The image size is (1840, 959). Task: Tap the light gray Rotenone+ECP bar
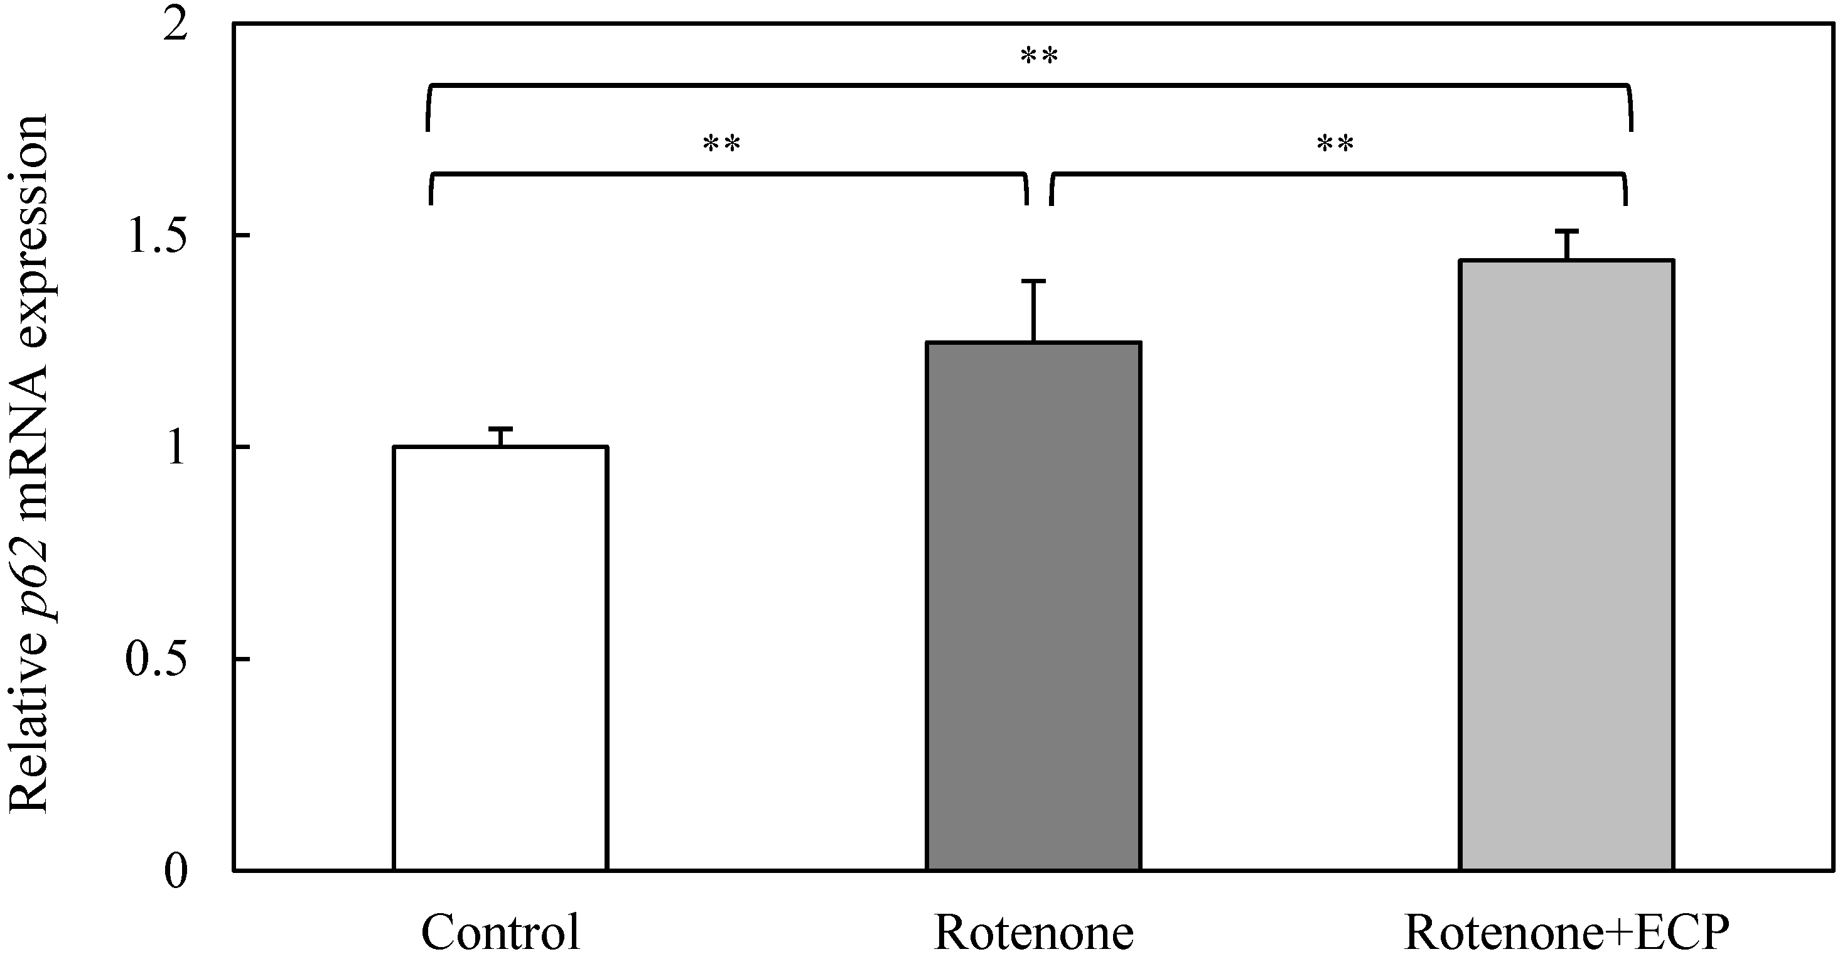(x=1566, y=565)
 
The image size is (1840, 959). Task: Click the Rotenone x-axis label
(x=1033, y=932)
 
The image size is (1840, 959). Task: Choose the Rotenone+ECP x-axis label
(x=1566, y=932)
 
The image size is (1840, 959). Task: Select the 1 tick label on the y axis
(x=175, y=447)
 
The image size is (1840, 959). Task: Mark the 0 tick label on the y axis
(x=175, y=870)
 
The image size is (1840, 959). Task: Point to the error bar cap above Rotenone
(x=1033, y=281)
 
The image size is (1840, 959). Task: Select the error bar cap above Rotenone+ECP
(x=1566, y=232)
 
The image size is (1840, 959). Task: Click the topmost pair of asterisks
(x=1038, y=55)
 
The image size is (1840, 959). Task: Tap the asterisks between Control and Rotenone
(x=721, y=144)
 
